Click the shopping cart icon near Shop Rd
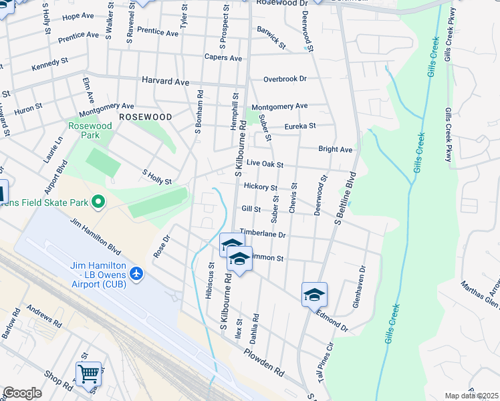pos(88,374)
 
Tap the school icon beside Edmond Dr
pos(314,293)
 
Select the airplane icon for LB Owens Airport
pos(137,273)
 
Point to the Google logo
pos(21,393)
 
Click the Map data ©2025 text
pos(471,396)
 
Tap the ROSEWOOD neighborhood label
pos(145,116)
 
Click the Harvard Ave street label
pos(165,80)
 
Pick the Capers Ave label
pos(223,58)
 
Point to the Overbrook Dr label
pos(284,79)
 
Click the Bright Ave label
pos(335,150)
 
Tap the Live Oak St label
pos(265,164)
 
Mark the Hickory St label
pos(260,186)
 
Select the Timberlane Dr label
pos(263,235)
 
